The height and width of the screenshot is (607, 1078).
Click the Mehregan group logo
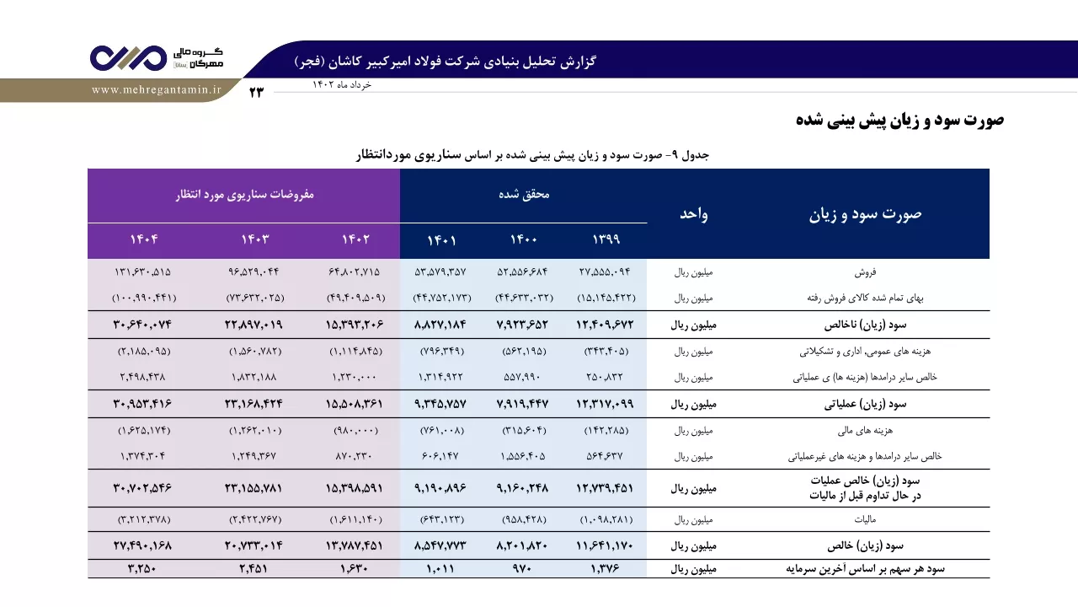point(157,58)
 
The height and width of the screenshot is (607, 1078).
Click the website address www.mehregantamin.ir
point(157,90)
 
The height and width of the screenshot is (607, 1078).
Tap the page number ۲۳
point(257,92)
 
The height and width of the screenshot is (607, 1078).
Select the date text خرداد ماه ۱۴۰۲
point(342,85)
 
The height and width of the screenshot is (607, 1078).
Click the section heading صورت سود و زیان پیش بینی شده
point(899,120)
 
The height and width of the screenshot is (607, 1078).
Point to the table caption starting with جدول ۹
point(532,155)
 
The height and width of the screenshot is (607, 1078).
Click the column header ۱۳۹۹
point(606,239)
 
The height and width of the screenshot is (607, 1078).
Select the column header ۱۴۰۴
point(143,239)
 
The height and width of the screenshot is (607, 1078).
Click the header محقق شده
point(524,194)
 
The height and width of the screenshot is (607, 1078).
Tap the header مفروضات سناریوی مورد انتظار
point(244,195)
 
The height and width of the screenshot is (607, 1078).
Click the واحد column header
point(693,214)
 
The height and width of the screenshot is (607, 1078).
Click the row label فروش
point(865,272)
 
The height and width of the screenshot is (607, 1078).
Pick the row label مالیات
point(865,520)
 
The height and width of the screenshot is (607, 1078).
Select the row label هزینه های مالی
point(865,431)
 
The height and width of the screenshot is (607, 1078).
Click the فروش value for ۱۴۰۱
point(440,272)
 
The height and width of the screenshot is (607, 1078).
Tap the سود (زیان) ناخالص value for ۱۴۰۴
point(142,325)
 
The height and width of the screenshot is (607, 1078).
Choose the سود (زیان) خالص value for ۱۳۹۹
point(605,545)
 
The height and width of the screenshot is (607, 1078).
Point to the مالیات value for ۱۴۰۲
point(355,520)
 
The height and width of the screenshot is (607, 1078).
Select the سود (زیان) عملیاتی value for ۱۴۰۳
point(253,404)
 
